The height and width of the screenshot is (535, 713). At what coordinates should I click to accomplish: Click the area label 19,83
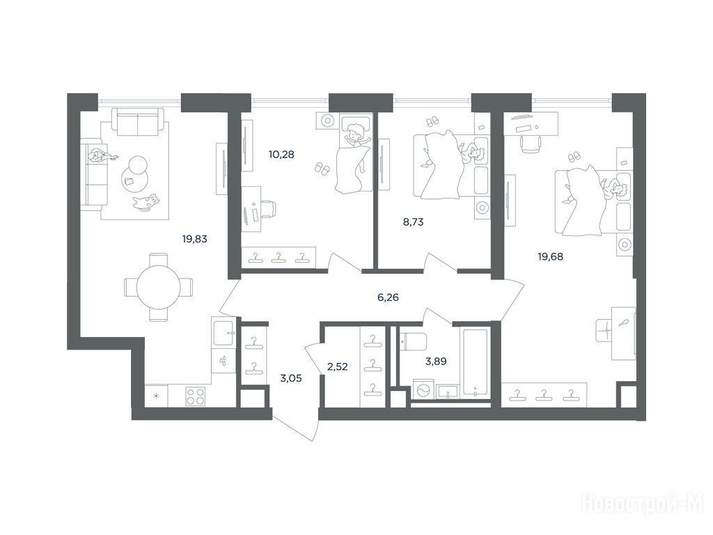(x=195, y=239)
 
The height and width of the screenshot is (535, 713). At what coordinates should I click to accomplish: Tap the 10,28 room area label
(x=281, y=155)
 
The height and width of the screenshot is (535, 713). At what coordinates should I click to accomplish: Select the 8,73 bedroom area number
(x=414, y=222)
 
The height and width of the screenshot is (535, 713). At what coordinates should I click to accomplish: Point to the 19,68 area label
(x=551, y=256)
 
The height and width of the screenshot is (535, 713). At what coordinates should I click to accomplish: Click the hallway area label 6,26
(x=389, y=297)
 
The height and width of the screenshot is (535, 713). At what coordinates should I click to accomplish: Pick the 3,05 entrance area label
(x=292, y=378)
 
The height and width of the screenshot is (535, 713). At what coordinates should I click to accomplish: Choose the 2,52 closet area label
(x=338, y=366)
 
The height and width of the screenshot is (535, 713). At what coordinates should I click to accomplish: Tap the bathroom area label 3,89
(x=436, y=362)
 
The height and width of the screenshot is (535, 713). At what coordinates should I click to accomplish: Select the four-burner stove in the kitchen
(x=196, y=396)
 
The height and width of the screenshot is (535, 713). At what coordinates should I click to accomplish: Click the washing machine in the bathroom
(x=423, y=391)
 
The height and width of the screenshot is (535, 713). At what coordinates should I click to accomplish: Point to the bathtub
(x=475, y=362)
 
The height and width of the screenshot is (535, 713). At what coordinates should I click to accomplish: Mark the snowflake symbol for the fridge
(x=156, y=396)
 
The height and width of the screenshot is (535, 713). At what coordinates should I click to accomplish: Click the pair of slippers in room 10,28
(x=322, y=169)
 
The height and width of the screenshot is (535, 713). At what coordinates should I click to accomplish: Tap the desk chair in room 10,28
(x=268, y=210)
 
